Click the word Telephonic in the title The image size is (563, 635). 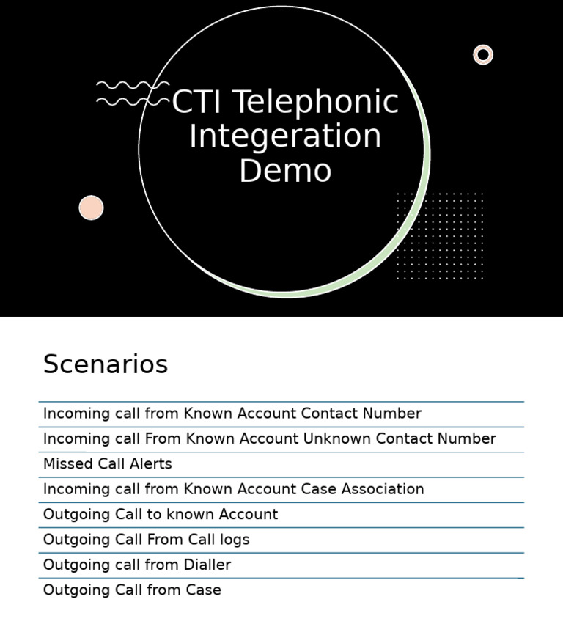pyautogui.click(x=316, y=103)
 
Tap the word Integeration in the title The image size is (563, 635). pyautogui.click(x=285, y=136)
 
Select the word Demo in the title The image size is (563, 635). pyautogui.click(x=285, y=171)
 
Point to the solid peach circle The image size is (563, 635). pyautogui.click(x=91, y=208)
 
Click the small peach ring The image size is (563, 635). pyautogui.click(x=483, y=55)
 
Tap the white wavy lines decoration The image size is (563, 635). pyautogui.click(x=132, y=93)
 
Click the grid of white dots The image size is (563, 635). pyautogui.click(x=440, y=235)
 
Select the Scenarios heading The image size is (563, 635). pyautogui.click(x=106, y=364)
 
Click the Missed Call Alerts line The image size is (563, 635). pyautogui.click(x=108, y=464)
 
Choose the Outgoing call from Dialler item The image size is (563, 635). pyautogui.click(x=137, y=565)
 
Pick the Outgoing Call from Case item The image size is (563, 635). pyautogui.click(x=132, y=590)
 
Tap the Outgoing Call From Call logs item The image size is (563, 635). pyautogui.click(x=147, y=540)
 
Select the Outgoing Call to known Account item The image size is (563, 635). pyautogui.click(x=161, y=515)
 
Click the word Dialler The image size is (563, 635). pyautogui.click(x=206, y=565)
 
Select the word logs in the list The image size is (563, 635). pyautogui.click(x=235, y=540)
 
